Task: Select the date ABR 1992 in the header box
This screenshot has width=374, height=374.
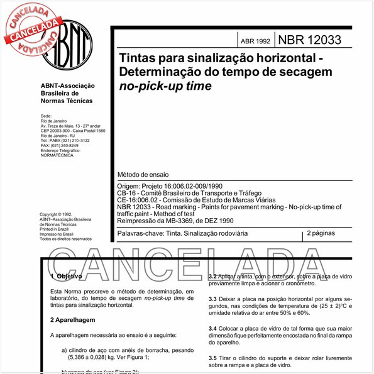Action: pos(255,41)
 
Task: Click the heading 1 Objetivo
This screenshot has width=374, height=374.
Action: pos(65,277)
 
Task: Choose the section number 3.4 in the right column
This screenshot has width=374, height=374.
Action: pos(213,328)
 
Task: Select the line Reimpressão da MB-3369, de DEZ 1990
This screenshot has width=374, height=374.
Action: pos(175,220)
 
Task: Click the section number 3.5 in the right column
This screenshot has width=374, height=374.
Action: pos(213,357)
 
